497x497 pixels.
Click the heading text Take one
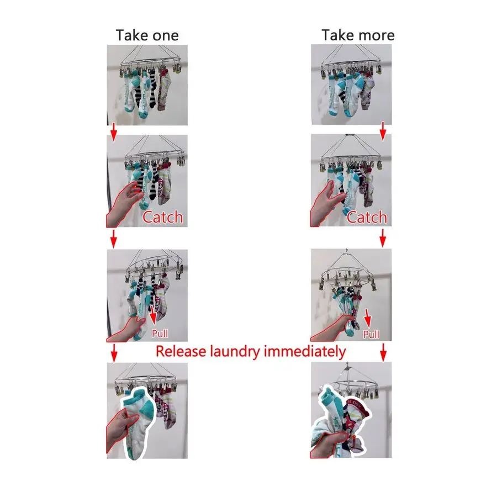[147, 36]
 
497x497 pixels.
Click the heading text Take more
[358, 36]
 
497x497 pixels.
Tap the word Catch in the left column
[162, 217]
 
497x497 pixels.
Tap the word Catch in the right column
[367, 217]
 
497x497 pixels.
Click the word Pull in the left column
[160, 334]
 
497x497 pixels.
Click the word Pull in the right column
[371, 335]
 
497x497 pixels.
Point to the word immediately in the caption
[303, 351]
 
